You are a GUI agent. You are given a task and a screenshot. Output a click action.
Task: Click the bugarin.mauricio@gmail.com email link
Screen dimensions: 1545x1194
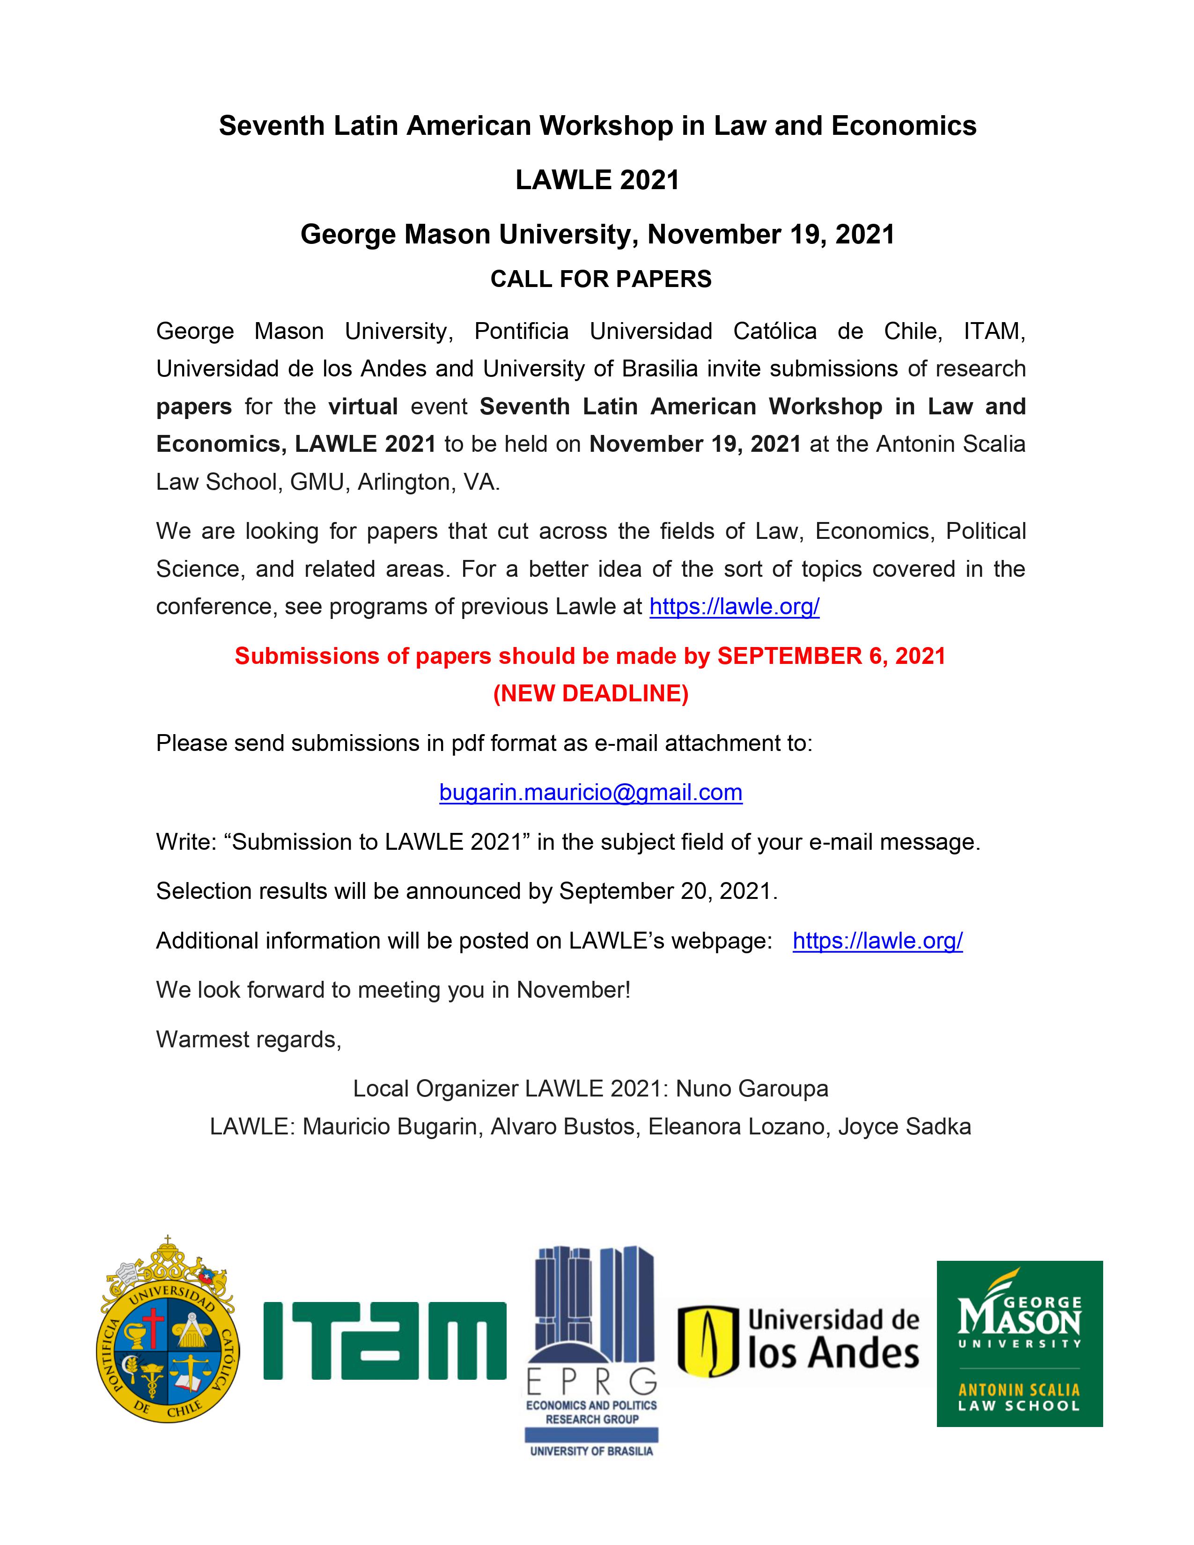(x=590, y=792)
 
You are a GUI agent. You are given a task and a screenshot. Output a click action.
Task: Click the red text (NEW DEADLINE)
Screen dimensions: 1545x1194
(x=590, y=693)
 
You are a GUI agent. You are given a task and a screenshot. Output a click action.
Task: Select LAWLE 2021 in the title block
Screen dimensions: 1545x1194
(x=597, y=180)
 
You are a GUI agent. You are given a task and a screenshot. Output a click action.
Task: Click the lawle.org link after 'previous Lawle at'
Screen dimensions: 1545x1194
(x=734, y=606)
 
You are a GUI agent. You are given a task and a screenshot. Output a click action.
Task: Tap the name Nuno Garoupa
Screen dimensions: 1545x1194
(x=752, y=1088)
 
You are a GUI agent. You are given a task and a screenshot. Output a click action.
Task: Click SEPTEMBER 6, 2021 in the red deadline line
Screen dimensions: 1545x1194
(x=831, y=656)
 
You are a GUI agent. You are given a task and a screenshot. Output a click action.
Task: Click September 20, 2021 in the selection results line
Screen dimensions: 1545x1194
(x=667, y=890)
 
